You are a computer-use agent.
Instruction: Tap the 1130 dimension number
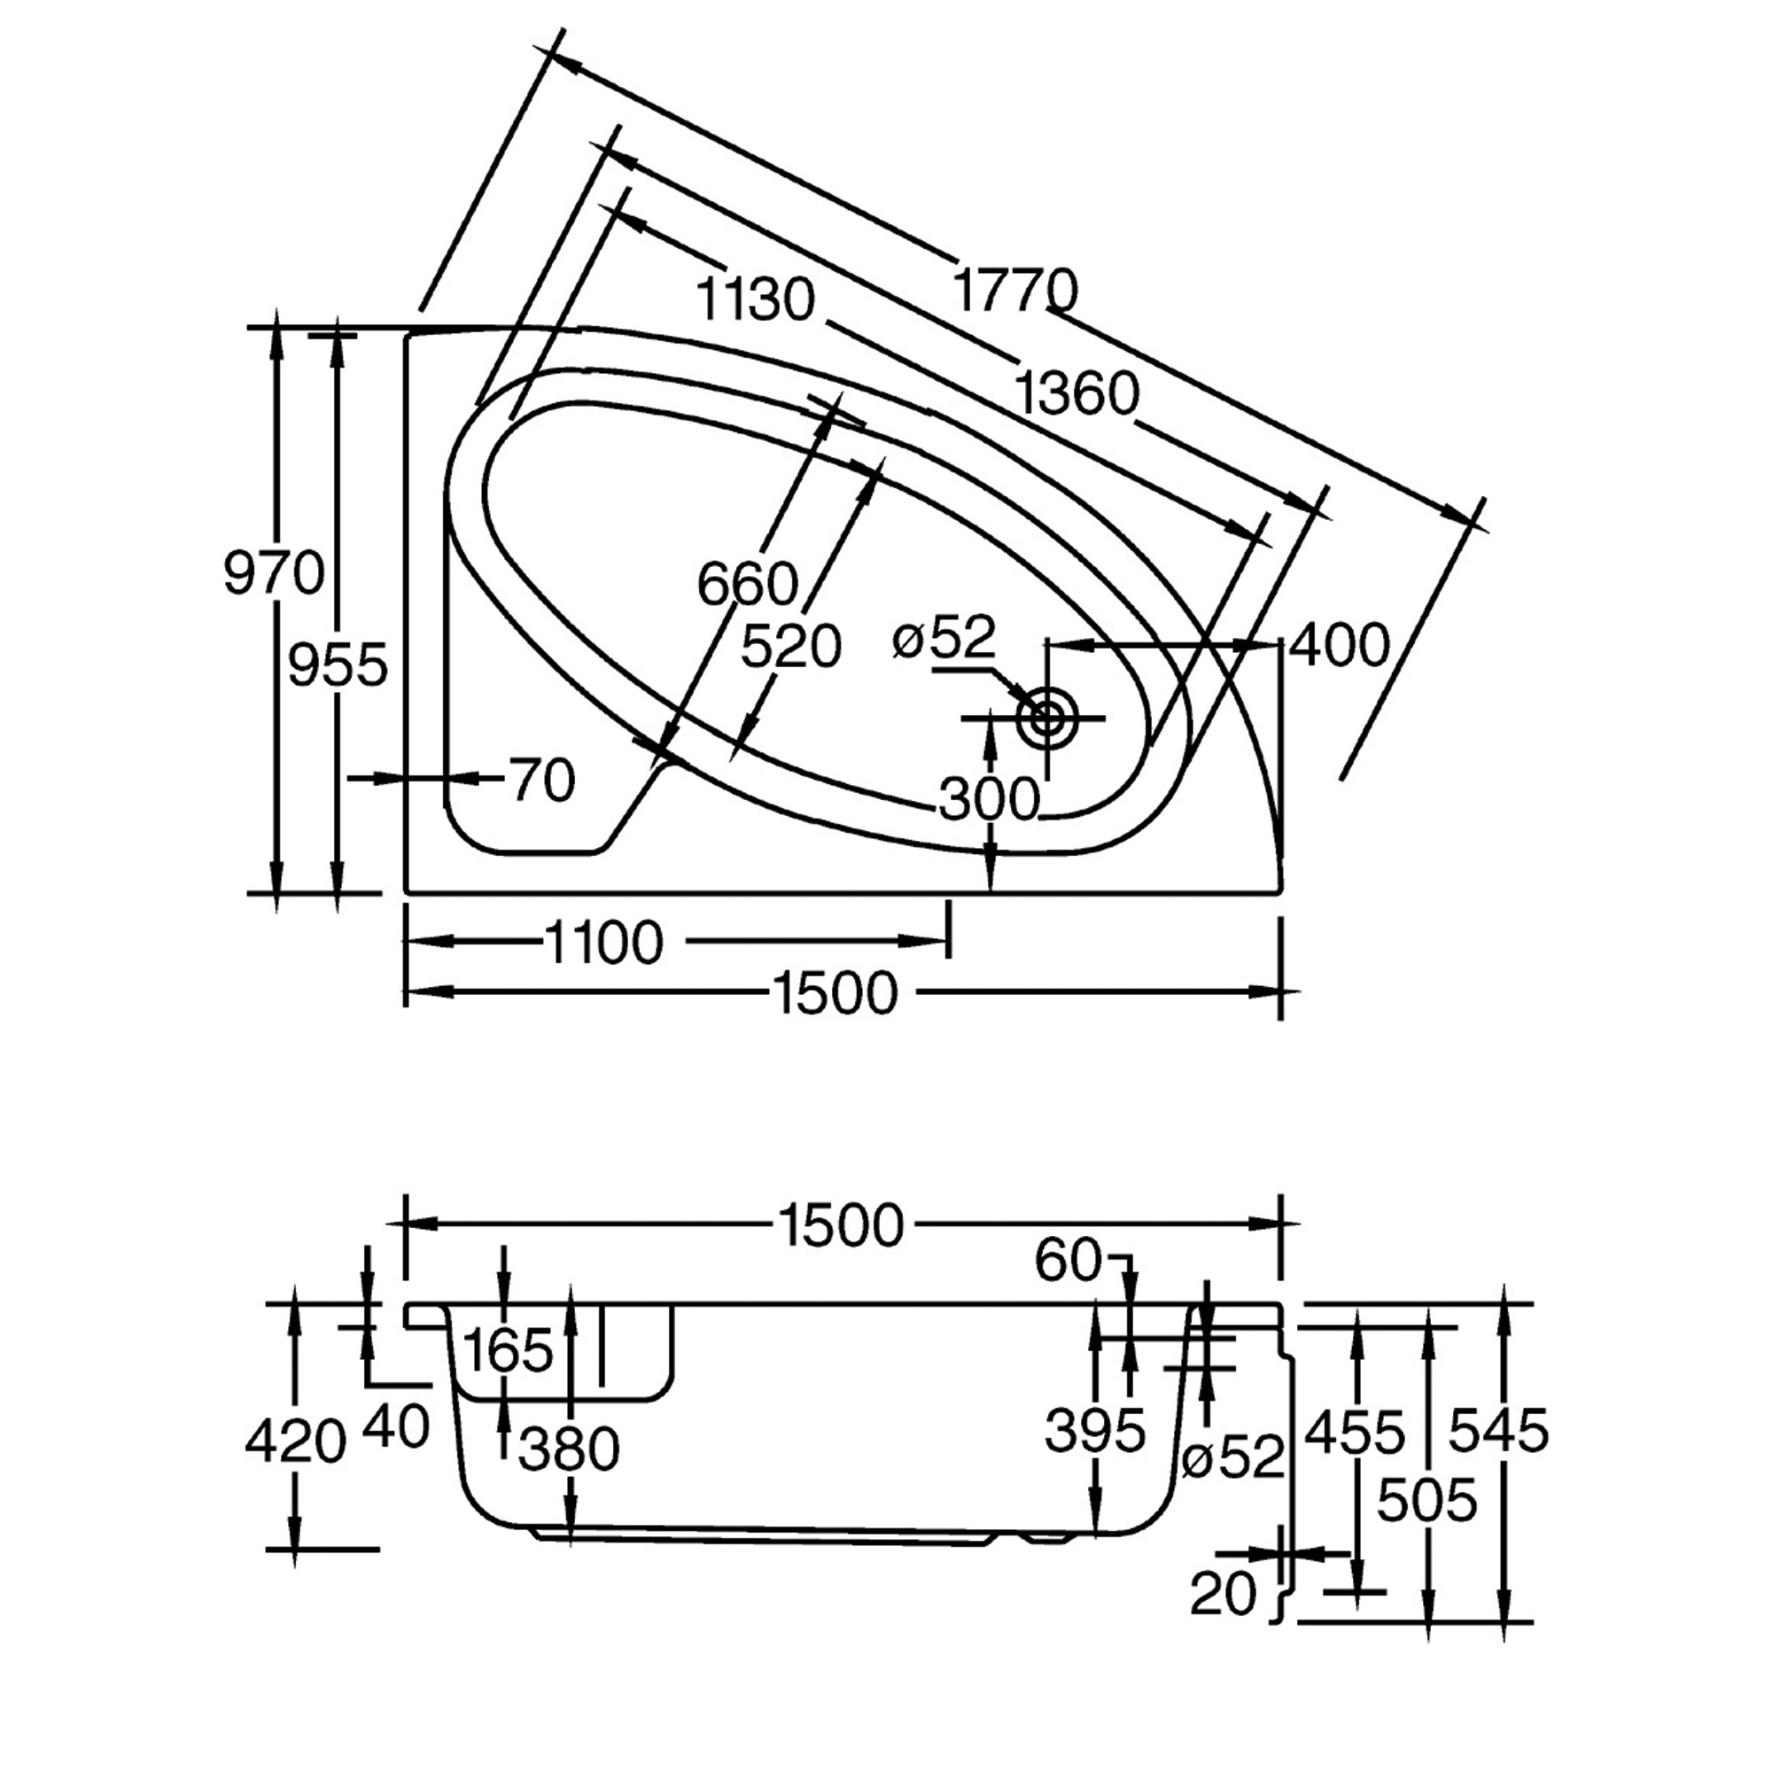tap(756, 299)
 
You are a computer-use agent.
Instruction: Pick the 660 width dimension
tap(748, 584)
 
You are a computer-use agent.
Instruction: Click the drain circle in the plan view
tap(1046, 718)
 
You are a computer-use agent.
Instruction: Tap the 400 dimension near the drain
tap(1339, 646)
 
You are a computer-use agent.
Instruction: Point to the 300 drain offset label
tap(990, 799)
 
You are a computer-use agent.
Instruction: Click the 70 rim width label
tap(543, 781)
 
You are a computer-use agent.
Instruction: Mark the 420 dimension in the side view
tap(295, 1442)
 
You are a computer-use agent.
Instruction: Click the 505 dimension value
tap(1427, 1502)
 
